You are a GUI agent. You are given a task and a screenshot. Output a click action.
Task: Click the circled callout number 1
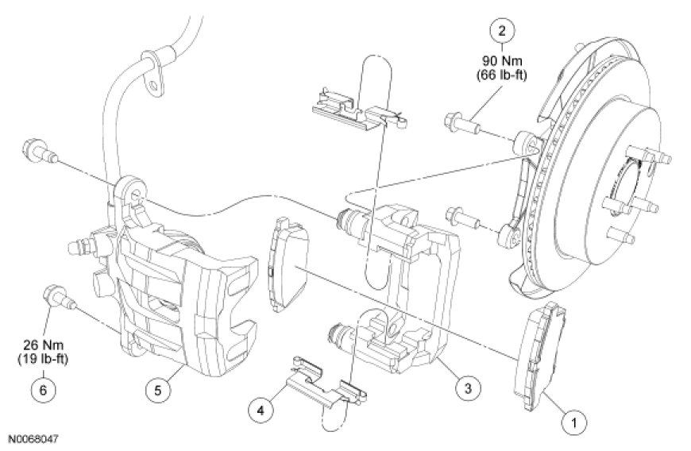573,422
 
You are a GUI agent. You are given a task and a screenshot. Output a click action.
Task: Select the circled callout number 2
501,30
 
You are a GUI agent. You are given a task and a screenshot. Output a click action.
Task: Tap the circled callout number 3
468,387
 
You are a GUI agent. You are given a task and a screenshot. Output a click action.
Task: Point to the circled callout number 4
260,411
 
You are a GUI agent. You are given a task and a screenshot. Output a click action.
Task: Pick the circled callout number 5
158,389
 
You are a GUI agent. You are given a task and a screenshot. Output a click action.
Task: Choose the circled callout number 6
43,389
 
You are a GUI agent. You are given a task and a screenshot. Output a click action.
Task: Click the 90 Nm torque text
501,60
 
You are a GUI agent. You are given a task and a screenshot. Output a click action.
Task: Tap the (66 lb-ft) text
501,75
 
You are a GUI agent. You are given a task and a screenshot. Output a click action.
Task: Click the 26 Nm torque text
43,345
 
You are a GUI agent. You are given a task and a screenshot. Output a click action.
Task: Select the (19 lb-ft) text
43,359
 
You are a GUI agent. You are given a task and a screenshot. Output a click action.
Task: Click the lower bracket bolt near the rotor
463,219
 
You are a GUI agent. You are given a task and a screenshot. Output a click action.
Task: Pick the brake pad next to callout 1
540,356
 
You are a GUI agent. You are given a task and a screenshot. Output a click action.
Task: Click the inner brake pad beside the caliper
288,264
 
